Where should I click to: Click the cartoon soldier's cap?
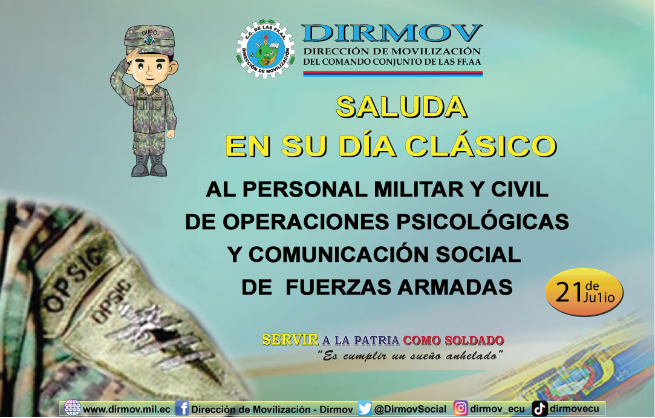[149, 40]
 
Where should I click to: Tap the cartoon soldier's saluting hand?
[133, 55]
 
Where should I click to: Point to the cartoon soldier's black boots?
[149, 166]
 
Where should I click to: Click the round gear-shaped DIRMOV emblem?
[266, 49]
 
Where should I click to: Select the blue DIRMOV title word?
[392, 33]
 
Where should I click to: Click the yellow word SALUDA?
[402, 107]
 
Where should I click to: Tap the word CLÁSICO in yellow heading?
[481, 146]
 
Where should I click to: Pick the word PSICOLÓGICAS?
[483, 221]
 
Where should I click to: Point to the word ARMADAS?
[455, 287]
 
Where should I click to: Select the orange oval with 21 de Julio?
[584, 292]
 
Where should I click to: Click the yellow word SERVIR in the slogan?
[290, 340]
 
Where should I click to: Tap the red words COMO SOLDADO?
[453, 340]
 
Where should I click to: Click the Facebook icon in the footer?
[181, 408]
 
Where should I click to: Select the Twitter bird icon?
[365, 408]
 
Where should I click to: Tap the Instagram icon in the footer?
[461, 408]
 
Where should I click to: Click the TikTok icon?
[539, 408]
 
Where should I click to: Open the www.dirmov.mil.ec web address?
[126, 409]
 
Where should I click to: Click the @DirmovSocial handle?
[410, 409]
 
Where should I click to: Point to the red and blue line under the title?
[393, 74]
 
